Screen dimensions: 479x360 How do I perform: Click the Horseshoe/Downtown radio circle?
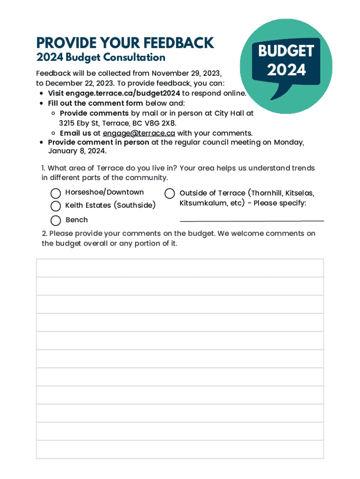click(56, 193)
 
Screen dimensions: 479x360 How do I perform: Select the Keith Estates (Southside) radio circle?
click(56, 206)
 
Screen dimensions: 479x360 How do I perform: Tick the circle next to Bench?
click(56, 220)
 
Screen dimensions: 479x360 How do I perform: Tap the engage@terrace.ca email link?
click(139, 133)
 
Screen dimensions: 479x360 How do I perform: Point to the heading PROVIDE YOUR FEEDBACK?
click(125, 43)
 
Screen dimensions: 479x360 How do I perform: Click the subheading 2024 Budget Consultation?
click(101, 58)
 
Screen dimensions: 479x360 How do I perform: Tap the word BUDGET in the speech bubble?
click(286, 51)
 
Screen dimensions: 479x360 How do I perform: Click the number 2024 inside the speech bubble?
click(286, 70)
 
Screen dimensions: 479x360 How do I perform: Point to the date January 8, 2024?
click(77, 151)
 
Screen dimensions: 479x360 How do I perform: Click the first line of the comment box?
click(180, 268)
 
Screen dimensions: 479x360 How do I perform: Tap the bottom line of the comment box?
click(180, 450)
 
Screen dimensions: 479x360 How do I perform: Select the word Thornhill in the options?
click(266, 193)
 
